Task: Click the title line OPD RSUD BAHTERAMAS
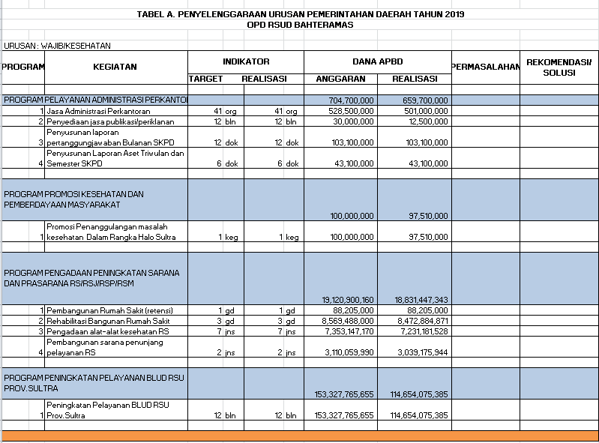(x=299, y=25)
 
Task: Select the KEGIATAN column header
(x=115, y=67)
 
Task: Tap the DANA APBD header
(x=378, y=61)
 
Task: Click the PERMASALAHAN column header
(x=485, y=67)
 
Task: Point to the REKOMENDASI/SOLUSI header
(x=559, y=67)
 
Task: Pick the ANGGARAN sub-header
(x=340, y=79)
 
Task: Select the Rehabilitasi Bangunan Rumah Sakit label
(x=108, y=320)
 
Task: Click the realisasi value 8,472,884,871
(x=420, y=320)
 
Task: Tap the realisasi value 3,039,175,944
(x=420, y=352)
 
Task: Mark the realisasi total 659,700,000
(x=425, y=100)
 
